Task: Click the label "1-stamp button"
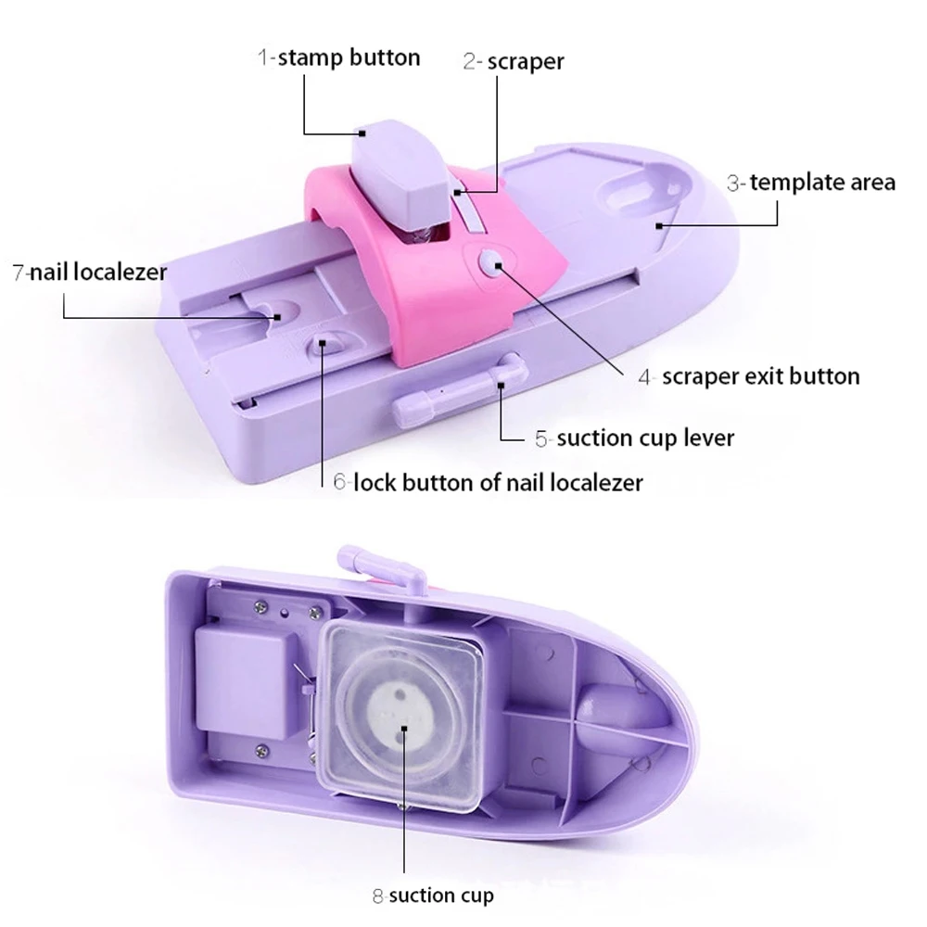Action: pos(338,57)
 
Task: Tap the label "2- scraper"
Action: pos(514,61)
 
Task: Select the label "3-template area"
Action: pos(811,182)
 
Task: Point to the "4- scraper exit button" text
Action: pos(748,376)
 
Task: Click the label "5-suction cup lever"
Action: pos(634,437)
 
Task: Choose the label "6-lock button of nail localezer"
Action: pos(488,482)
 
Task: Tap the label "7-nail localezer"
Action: pos(89,273)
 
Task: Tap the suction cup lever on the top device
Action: pos(454,389)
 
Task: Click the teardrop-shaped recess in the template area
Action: pos(640,190)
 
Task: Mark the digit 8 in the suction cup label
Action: pos(378,895)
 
